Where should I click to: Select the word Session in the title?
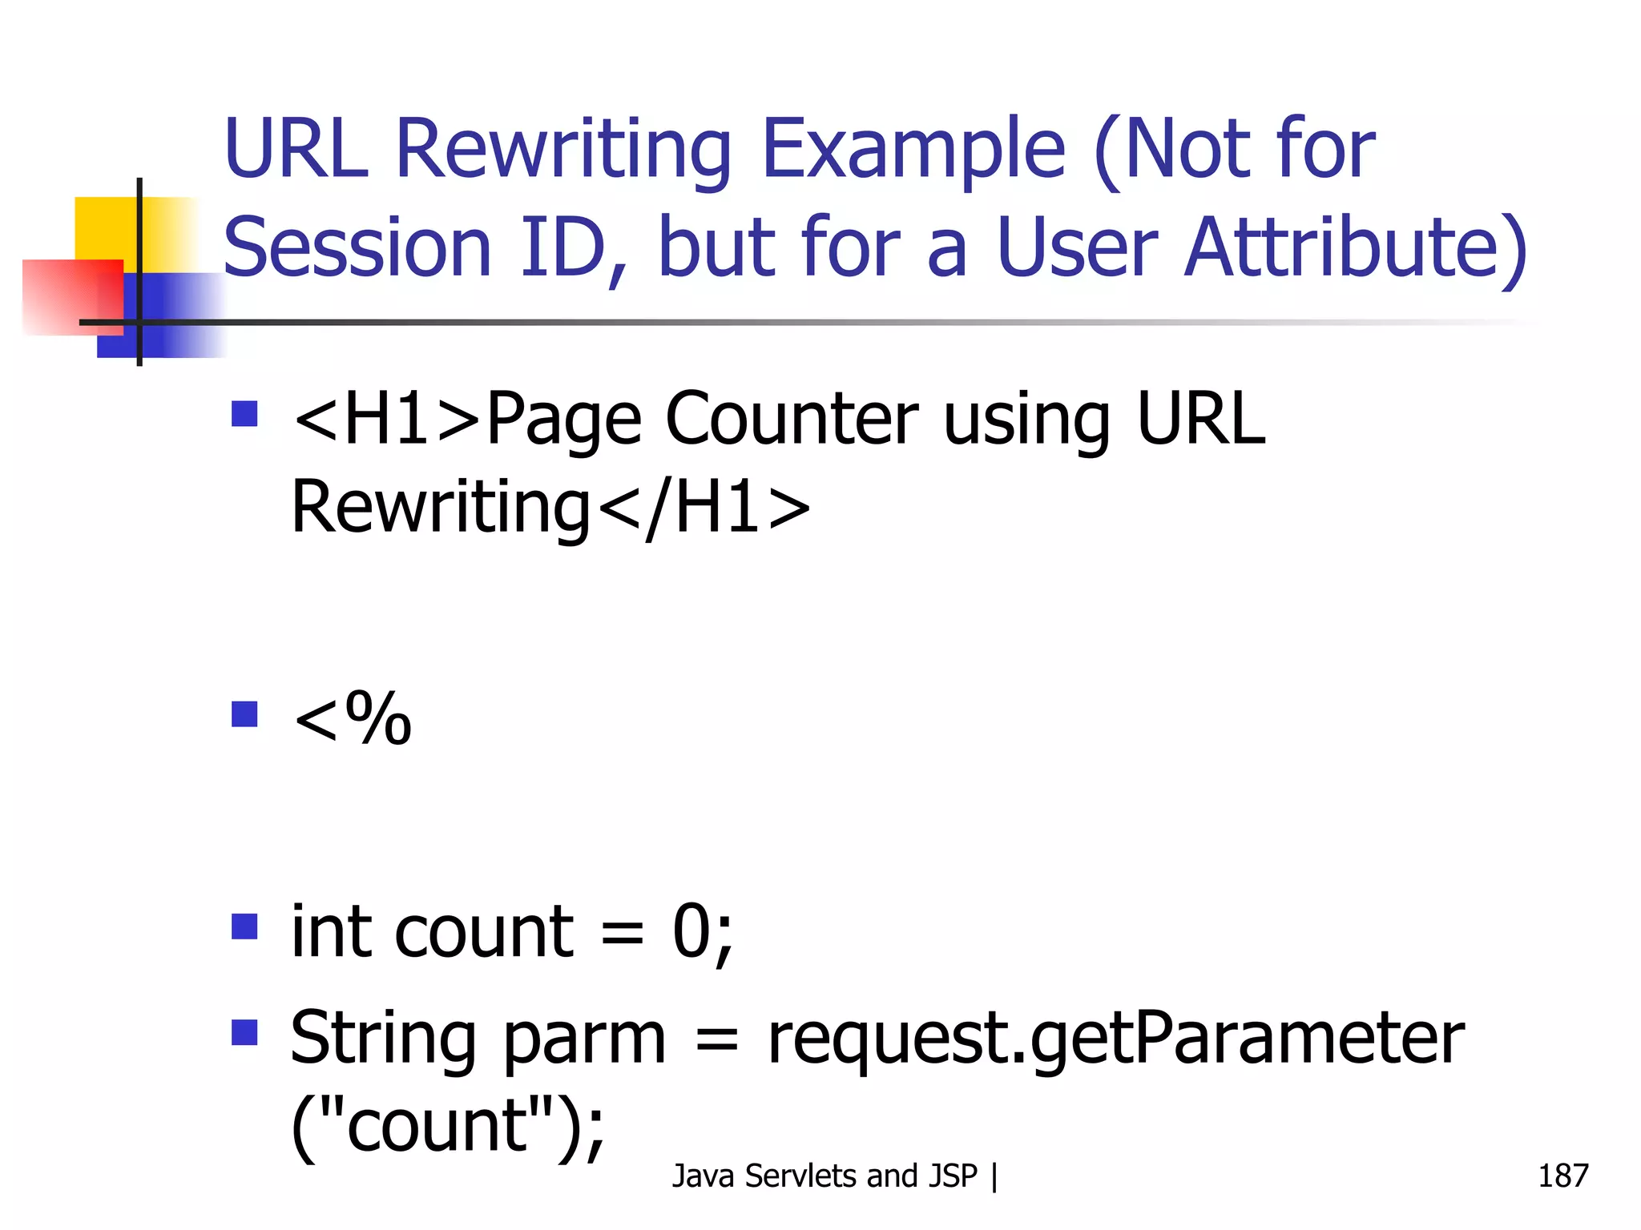click(x=357, y=247)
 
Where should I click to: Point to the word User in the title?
click(x=1077, y=247)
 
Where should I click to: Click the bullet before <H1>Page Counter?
click(x=244, y=414)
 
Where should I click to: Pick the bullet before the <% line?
click(x=244, y=713)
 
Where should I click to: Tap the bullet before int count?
click(x=244, y=927)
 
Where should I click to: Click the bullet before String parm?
click(x=244, y=1032)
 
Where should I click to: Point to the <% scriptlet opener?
click(x=353, y=718)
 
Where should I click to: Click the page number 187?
click(x=1562, y=1176)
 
